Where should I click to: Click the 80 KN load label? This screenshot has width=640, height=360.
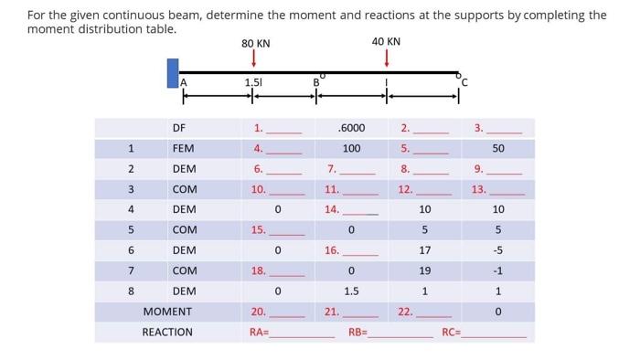pos(255,44)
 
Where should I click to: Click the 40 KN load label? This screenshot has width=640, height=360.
pos(386,42)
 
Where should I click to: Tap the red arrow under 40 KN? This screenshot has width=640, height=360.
pos(387,58)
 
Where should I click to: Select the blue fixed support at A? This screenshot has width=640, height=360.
pos(173,73)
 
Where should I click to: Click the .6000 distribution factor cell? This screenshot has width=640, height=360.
pos(351,128)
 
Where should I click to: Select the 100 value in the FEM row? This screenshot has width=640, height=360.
pos(351,148)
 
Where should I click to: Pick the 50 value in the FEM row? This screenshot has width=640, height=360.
pos(497,148)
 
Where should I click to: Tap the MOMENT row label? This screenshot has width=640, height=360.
pos(167,312)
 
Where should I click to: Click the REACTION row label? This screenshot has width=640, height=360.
pos(167,332)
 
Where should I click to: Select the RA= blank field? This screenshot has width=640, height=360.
pos(302,333)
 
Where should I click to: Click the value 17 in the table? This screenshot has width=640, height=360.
pos(424,249)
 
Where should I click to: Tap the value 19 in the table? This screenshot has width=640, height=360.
pos(424,270)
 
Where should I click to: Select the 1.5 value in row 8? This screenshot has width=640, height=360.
pos(351,291)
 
